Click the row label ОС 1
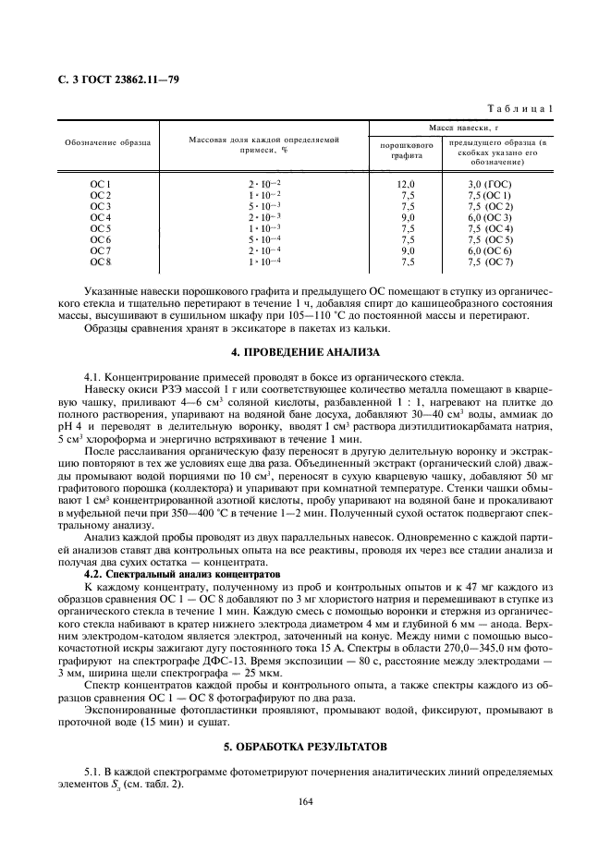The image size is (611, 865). [x=100, y=185]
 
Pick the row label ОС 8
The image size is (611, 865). [x=100, y=262]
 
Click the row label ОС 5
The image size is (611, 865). [x=100, y=229]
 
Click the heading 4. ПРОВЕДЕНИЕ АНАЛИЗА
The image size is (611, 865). [x=305, y=352]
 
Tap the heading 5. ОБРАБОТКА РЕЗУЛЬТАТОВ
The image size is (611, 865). [x=305, y=746]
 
